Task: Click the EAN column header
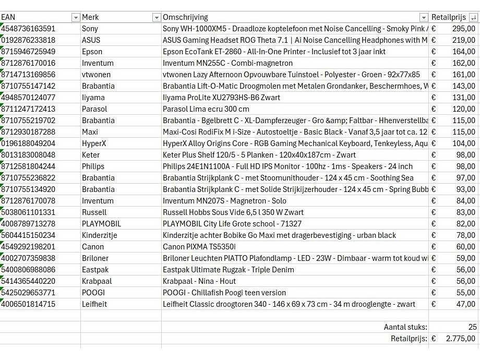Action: click(8, 17)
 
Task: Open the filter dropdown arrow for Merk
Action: click(156, 18)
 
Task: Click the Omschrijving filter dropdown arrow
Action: click(424, 18)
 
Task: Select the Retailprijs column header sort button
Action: click(473, 18)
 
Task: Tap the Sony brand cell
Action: click(90, 29)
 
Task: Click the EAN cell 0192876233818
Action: click(29, 40)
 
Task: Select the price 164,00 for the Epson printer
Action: click(463, 52)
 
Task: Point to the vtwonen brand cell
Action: click(96, 75)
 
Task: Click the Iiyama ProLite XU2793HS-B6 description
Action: click(221, 98)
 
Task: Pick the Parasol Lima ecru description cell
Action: click(206, 109)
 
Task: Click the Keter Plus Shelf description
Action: click(259, 155)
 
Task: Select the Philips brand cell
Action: click(93, 166)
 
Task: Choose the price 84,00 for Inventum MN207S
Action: click(465, 201)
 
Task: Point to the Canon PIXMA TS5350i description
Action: click(199, 247)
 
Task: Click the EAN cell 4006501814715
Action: click(29, 304)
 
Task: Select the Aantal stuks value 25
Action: click(472, 327)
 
